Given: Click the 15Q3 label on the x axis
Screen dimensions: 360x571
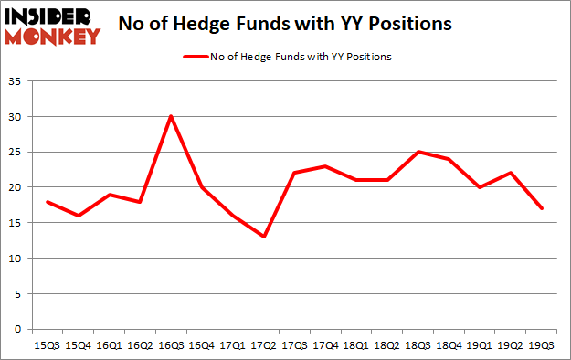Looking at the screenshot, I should pos(47,344).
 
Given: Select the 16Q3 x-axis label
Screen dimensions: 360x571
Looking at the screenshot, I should pos(171,344).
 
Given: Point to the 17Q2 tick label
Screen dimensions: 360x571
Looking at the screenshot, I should pos(264,344).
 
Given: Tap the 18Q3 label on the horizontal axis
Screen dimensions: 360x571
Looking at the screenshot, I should pos(418,344).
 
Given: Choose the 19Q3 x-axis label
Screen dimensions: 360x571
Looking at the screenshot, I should pos(543,344).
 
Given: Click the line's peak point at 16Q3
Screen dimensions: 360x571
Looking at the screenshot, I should pos(171,117).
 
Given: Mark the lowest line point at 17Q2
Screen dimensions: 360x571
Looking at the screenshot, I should pos(264,237).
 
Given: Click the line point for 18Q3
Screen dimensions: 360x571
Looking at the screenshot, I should pos(418,152).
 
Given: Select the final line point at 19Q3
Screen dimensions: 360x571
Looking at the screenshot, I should pos(543,208).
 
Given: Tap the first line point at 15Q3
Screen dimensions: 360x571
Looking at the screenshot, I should pos(47,202).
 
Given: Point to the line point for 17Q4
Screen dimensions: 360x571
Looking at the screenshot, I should pos(326,166).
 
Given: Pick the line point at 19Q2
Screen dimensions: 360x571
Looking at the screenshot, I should pos(512,174).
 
